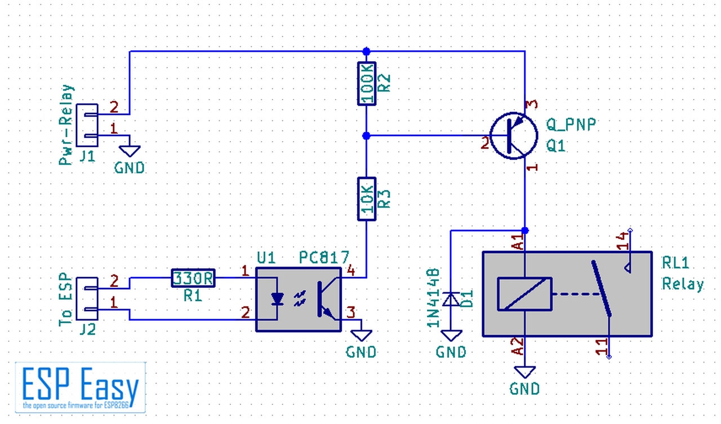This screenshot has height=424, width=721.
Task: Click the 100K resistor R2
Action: (x=367, y=84)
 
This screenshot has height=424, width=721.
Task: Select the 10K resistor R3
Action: (x=367, y=199)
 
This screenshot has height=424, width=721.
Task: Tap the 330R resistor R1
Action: (x=193, y=278)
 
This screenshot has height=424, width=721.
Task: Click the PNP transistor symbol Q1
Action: (x=514, y=136)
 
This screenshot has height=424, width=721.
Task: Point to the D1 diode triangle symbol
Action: (x=451, y=299)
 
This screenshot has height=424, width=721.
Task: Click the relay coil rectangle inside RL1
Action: (x=524, y=294)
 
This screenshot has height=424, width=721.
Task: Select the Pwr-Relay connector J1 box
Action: (x=87, y=125)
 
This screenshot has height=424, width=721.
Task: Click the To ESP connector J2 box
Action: (x=87, y=299)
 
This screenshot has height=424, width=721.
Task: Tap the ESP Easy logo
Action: (x=81, y=387)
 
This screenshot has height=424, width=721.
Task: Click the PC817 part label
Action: (x=324, y=258)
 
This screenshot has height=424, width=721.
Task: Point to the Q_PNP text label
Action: (x=571, y=125)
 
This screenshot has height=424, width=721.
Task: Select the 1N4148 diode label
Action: (x=433, y=298)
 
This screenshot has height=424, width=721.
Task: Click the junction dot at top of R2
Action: (x=366, y=51)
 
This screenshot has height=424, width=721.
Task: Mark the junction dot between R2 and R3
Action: (x=366, y=136)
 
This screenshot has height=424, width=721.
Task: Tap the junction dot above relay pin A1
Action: (x=525, y=231)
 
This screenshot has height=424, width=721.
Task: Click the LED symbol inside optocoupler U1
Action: (x=277, y=299)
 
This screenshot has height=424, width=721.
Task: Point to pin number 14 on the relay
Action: (x=622, y=241)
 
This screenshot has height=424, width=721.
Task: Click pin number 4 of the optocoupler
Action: (x=351, y=270)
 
